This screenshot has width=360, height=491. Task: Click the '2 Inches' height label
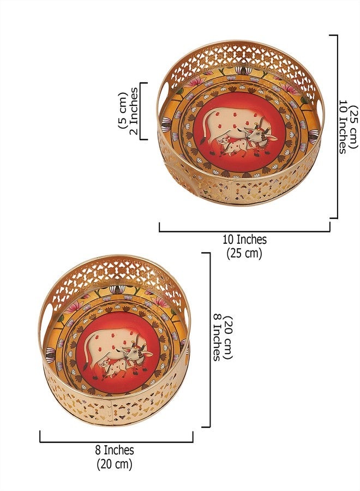tap(133, 111)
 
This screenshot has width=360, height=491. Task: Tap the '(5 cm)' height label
tap(122, 111)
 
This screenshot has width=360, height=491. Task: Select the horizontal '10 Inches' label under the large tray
tap(244, 239)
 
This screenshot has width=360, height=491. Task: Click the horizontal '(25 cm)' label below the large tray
tap(244, 253)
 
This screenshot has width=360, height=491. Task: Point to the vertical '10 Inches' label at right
tap(344, 127)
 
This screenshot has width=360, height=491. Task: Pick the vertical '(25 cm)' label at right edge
tap(355, 127)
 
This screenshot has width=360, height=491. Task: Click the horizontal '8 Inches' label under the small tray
tap(115, 450)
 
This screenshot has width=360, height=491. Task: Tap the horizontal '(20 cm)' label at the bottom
tap(114, 464)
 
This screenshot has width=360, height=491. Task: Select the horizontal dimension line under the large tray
tap(244, 231)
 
